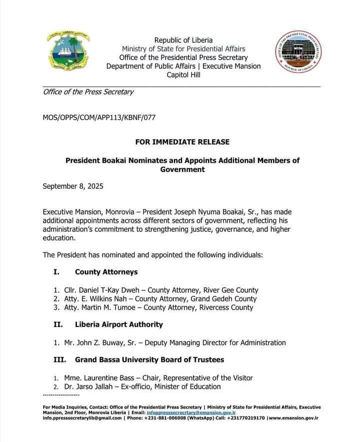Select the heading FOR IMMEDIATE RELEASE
pyautogui.click(x=182, y=142)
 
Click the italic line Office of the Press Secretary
pyautogui.click(x=88, y=92)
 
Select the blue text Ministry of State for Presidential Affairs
pyautogui.click(x=183, y=49)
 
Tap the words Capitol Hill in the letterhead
pyautogui.click(x=183, y=75)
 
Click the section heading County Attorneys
pyautogui.click(x=106, y=272)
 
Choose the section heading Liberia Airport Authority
pyautogui.click(x=119, y=324)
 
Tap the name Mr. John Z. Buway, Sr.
pyautogui.click(x=103, y=343)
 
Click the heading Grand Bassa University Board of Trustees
pyautogui.click(x=149, y=359)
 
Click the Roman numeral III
pyautogui.click(x=59, y=359)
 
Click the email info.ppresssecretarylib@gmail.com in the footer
pyautogui.click(x=82, y=417)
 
